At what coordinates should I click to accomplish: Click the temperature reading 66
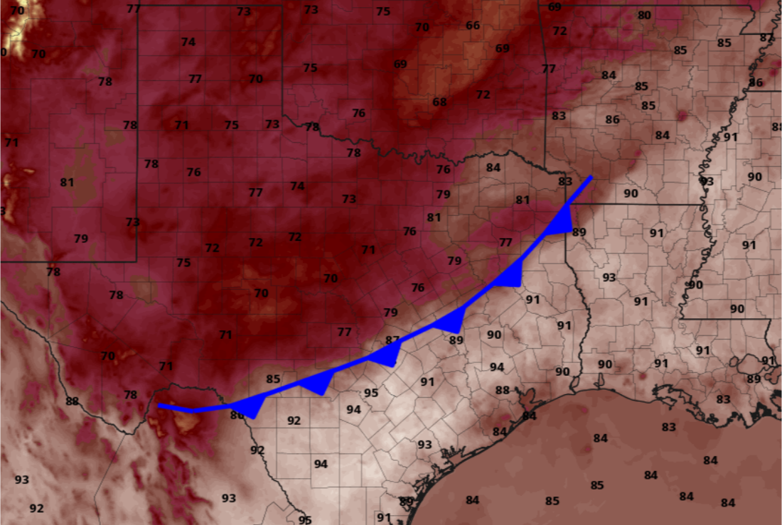473,26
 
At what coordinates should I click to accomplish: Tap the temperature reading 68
440,102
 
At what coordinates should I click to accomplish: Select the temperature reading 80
644,16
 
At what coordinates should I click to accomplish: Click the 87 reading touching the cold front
392,340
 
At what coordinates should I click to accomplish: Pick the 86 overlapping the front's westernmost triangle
237,414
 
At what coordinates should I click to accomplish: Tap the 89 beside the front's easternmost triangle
579,232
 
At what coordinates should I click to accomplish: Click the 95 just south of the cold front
371,393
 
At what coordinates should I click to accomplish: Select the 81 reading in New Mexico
67,183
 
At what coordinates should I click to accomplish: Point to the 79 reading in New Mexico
81,239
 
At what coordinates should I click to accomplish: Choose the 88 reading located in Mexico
72,401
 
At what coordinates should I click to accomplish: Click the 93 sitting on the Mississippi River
706,182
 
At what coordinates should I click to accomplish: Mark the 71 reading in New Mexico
11,143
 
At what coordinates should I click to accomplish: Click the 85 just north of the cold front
273,379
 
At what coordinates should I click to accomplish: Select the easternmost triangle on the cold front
562,221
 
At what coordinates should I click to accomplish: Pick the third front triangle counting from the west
384,354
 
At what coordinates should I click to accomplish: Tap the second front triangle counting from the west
317,384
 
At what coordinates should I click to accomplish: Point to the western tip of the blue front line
159,406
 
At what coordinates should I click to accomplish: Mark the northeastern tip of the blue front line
590,177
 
